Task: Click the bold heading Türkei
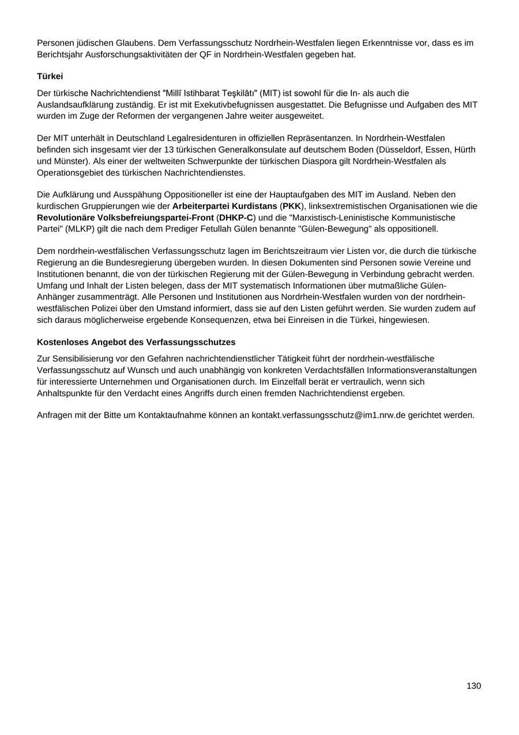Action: pyautogui.click(x=50, y=76)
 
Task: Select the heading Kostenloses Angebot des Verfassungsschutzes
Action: pyautogui.click(x=136, y=342)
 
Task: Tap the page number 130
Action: pyautogui.click(x=473, y=686)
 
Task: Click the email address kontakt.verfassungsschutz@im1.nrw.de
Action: pyautogui.click(x=328, y=415)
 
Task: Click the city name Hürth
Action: pyautogui.click(x=464, y=150)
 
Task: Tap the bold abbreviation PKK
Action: pyautogui.click(x=291, y=207)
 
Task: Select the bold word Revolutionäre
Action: pyautogui.click(x=66, y=218)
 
